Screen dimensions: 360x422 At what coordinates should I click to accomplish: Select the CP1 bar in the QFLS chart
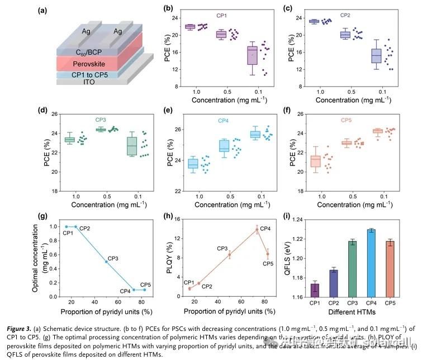pos(315,291)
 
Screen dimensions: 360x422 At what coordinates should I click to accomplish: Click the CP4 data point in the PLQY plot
pos(257,230)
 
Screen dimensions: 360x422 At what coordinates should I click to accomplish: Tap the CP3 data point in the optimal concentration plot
pos(106,262)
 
